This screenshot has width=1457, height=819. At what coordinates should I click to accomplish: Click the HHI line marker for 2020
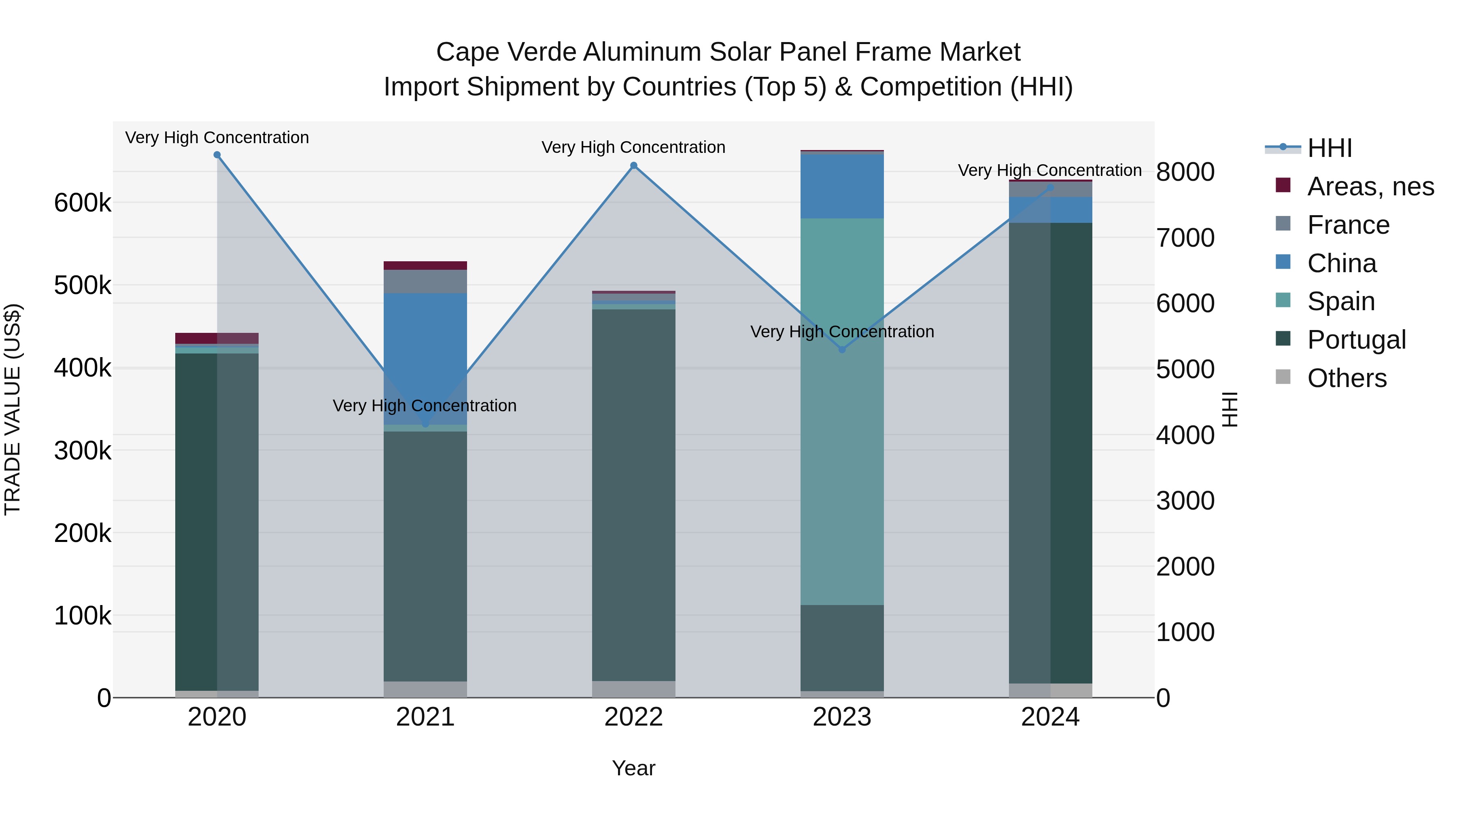217,155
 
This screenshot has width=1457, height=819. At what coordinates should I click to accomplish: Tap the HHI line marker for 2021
425,423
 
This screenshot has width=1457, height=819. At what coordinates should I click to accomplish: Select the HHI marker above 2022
633,165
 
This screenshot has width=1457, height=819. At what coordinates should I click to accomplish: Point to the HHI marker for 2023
842,350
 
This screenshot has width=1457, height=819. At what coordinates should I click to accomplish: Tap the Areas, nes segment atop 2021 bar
425,266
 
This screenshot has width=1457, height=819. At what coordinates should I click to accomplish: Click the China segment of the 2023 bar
842,186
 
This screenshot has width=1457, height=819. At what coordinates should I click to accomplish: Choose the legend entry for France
1348,225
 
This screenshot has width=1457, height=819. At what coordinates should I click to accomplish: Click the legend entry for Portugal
1356,340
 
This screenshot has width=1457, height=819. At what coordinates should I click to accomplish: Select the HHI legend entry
1329,148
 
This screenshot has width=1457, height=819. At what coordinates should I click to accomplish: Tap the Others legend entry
1346,378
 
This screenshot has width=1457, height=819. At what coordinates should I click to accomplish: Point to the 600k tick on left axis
83,203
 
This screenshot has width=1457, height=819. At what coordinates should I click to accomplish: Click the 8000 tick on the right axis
1185,172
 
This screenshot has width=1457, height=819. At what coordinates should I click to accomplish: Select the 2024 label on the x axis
1050,717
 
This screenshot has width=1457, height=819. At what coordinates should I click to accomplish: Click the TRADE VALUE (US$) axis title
13,409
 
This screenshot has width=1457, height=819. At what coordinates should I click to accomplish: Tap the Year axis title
633,768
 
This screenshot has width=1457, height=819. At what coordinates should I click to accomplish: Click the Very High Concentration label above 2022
633,148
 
